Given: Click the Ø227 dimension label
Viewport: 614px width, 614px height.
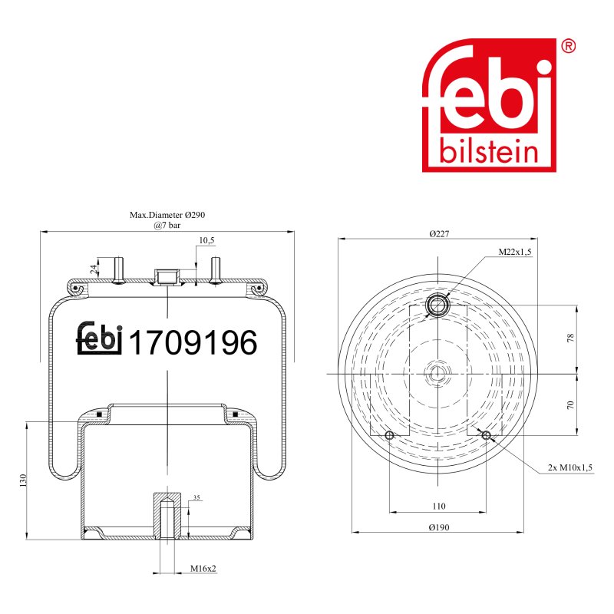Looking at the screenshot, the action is [x=439, y=234].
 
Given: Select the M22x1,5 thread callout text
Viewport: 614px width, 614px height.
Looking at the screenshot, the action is [x=514, y=252].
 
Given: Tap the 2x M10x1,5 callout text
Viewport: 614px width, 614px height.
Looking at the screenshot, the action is [x=569, y=467].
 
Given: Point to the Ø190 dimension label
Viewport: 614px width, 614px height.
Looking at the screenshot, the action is [x=439, y=527].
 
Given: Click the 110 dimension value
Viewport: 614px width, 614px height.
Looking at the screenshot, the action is [x=439, y=506].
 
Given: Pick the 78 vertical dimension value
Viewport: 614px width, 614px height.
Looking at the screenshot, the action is [x=570, y=338].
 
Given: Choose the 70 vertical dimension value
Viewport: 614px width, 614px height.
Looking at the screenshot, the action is [x=570, y=404].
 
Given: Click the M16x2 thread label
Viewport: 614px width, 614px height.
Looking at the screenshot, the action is [x=203, y=568].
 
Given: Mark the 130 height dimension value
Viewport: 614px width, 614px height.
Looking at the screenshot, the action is [x=23, y=480].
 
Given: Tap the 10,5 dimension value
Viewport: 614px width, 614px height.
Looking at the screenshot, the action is [x=206, y=240].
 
